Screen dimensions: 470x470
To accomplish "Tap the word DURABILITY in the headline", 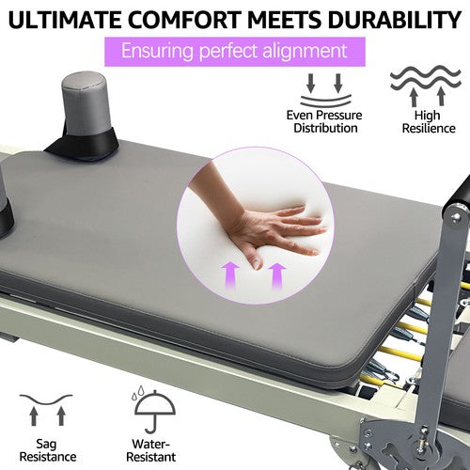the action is tap(391, 20).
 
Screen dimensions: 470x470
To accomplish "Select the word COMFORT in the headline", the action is tap(185, 20).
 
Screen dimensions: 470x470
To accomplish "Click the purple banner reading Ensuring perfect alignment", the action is tap(235, 52).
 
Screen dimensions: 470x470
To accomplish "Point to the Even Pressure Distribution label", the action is tap(324, 121).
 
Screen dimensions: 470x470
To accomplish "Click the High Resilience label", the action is tap(429, 121).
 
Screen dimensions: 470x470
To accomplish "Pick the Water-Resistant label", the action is tap(151, 450).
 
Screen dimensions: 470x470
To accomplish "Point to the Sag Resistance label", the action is tap(48, 450).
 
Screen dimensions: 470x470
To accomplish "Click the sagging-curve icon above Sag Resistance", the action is tap(46, 410).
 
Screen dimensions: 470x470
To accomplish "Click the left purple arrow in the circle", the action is tap(230, 275).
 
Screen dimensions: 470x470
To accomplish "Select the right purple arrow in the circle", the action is tap(277, 276).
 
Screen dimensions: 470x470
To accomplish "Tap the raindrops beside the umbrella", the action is tap(137, 393).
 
